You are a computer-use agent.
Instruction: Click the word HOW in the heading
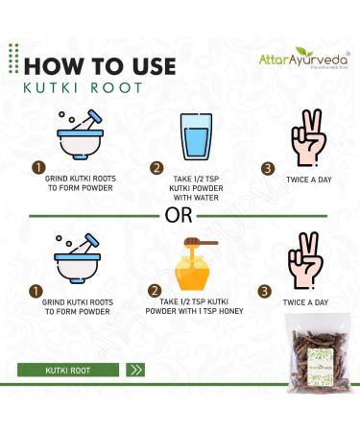[x=60, y=66]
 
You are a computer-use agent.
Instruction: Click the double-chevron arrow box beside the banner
[x=136, y=368]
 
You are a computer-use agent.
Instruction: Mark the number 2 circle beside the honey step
[x=154, y=292]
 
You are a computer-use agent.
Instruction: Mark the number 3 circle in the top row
[x=268, y=169]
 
